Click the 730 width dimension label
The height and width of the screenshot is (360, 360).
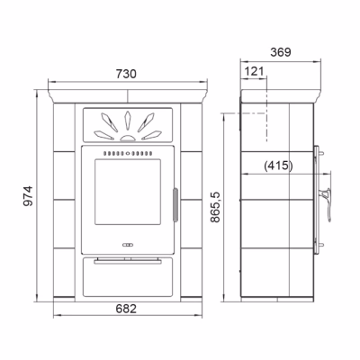(x=126, y=74)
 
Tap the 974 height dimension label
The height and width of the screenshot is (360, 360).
(x=29, y=196)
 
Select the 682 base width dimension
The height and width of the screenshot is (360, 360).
(x=126, y=309)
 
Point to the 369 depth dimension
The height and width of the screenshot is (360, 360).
(x=281, y=52)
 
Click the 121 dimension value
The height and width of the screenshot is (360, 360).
(x=255, y=71)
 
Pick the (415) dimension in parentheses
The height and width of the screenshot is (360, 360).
(x=278, y=166)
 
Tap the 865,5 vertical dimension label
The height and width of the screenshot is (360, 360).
(x=215, y=207)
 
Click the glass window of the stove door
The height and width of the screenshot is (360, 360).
(x=128, y=192)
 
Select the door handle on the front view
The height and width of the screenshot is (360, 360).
(x=175, y=205)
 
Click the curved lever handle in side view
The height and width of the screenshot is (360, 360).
(x=327, y=204)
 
